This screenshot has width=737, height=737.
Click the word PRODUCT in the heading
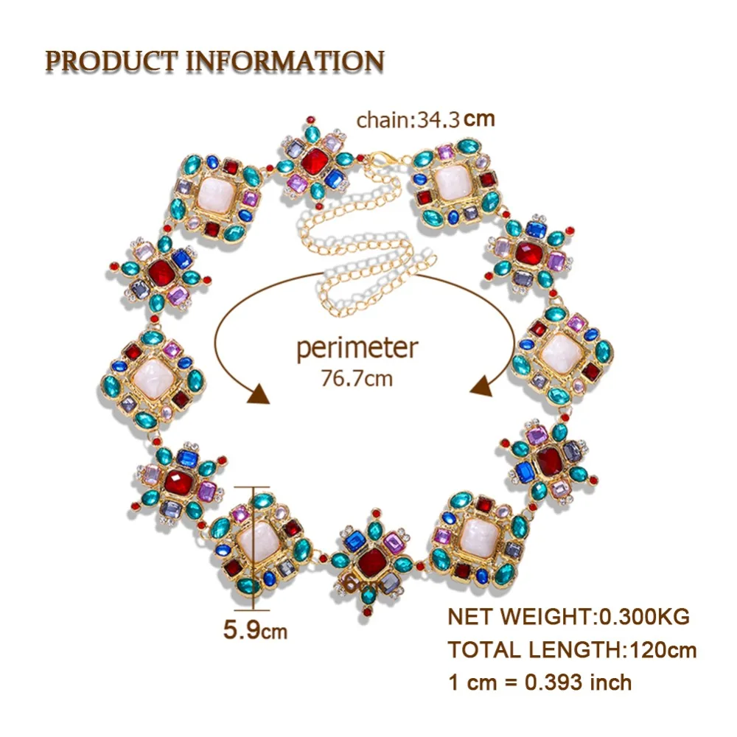tap(111, 62)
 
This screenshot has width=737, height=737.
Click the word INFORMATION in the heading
tap(285, 62)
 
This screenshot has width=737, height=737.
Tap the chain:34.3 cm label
tap(425, 119)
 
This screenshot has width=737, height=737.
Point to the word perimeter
tap(357, 349)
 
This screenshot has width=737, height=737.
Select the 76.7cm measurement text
tap(357, 378)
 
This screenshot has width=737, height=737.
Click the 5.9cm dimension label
tap(255, 629)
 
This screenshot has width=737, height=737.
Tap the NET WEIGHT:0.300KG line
tap(569, 616)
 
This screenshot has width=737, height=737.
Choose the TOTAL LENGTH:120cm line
tap(572, 649)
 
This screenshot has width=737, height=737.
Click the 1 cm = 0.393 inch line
tap(540, 682)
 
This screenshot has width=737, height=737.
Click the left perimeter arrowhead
tap(259, 394)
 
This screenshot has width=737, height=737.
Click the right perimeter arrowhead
tap(481, 387)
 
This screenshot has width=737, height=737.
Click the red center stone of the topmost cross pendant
tap(314, 161)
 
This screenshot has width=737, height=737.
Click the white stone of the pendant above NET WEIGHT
tap(479, 538)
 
